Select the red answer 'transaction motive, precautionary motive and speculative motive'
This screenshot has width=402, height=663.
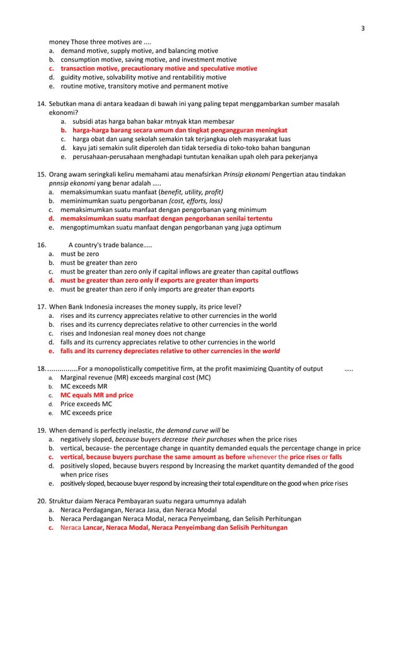click(158, 69)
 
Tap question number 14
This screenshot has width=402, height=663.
click(42, 102)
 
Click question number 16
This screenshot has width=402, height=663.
click(42, 245)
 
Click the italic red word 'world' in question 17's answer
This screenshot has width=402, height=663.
click(272, 351)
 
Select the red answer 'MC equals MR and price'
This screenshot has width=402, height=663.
click(97, 396)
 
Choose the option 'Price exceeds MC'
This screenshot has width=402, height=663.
click(86, 404)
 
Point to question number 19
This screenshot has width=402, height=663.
click(42, 431)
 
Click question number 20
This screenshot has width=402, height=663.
click(42, 500)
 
